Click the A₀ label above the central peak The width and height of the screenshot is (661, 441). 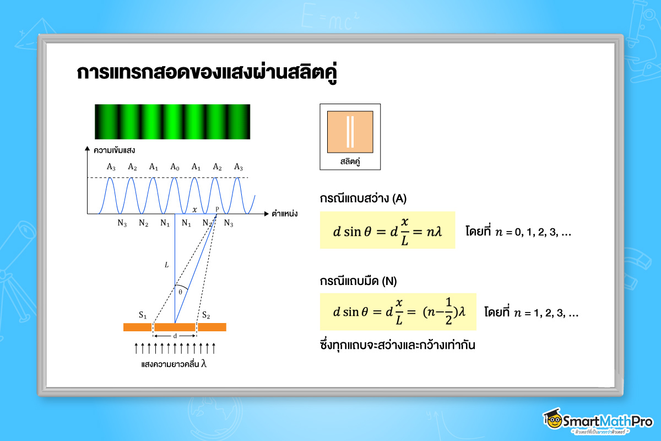(175, 167)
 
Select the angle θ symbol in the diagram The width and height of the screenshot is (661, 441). (180, 292)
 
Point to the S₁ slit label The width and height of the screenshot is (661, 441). (143, 315)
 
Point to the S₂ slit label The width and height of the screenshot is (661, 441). (206, 315)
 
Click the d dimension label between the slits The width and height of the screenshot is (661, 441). (175, 336)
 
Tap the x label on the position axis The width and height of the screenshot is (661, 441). (194, 209)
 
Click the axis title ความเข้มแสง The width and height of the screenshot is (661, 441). (115, 150)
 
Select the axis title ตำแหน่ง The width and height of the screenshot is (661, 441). (284, 213)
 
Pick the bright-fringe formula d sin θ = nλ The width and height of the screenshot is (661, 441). (387, 230)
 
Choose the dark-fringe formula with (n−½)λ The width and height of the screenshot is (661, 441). (398, 312)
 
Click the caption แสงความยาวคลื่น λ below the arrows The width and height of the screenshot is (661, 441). (174, 364)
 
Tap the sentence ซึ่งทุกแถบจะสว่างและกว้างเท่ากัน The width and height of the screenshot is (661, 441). (397, 346)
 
